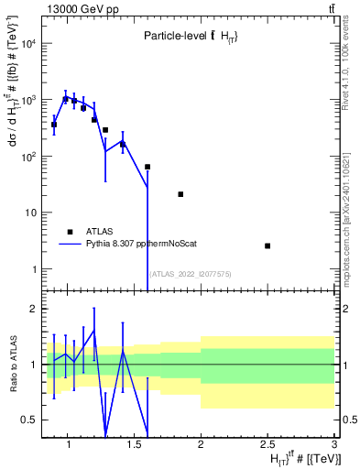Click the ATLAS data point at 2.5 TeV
[x=267, y=245]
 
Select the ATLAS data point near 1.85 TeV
[x=180, y=194]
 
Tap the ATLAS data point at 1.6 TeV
[x=147, y=167]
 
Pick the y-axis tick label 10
[x=31, y=213]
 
